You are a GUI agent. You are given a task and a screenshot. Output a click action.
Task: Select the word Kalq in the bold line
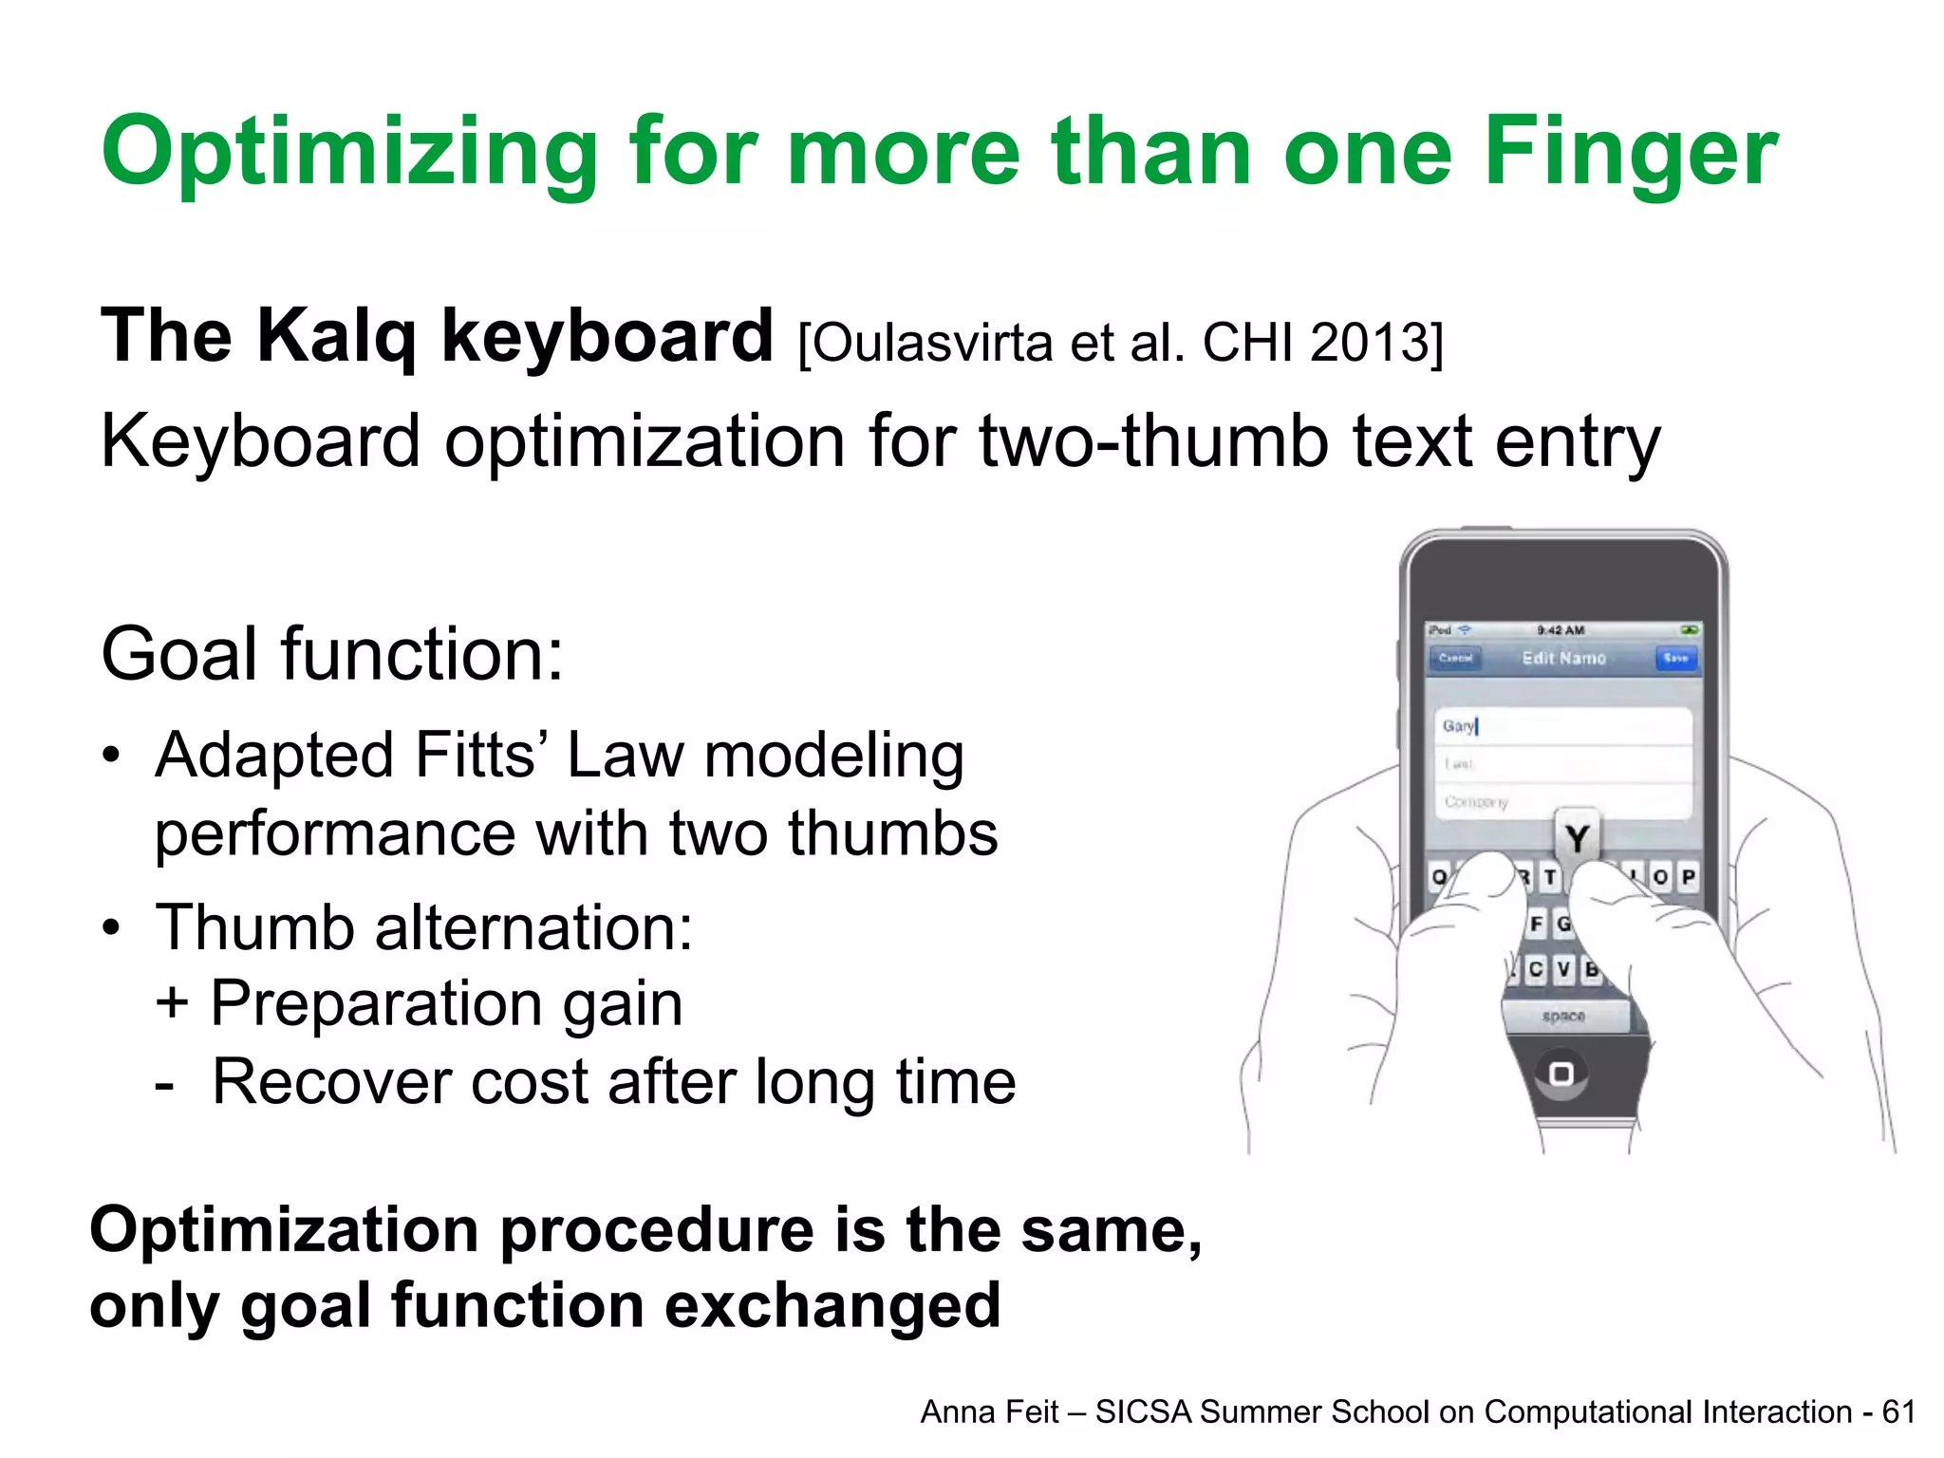tap(336, 337)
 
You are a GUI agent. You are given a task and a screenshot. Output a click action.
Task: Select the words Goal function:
tap(332, 655)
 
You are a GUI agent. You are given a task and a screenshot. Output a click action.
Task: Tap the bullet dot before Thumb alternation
tap(112, 927)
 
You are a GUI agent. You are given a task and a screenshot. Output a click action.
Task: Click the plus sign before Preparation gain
tap(172, 1003)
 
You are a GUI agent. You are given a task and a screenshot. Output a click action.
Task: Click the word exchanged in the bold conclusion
tap(832, 1306)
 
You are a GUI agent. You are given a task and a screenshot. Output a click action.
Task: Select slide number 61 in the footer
tap(1898, 1412)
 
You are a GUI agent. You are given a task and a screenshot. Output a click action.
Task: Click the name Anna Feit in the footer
tap(989, 1412)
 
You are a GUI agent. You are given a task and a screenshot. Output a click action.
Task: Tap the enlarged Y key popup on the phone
tap(1577, 837)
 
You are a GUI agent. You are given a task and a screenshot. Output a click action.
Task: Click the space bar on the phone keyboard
tap(1563, 1017)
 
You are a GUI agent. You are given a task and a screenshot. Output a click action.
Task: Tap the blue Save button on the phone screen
tap(1675, 658)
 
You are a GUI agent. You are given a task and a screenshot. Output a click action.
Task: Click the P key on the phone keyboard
tap(1688, 877)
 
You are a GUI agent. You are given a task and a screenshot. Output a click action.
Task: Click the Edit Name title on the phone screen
tap(1563, 658)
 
